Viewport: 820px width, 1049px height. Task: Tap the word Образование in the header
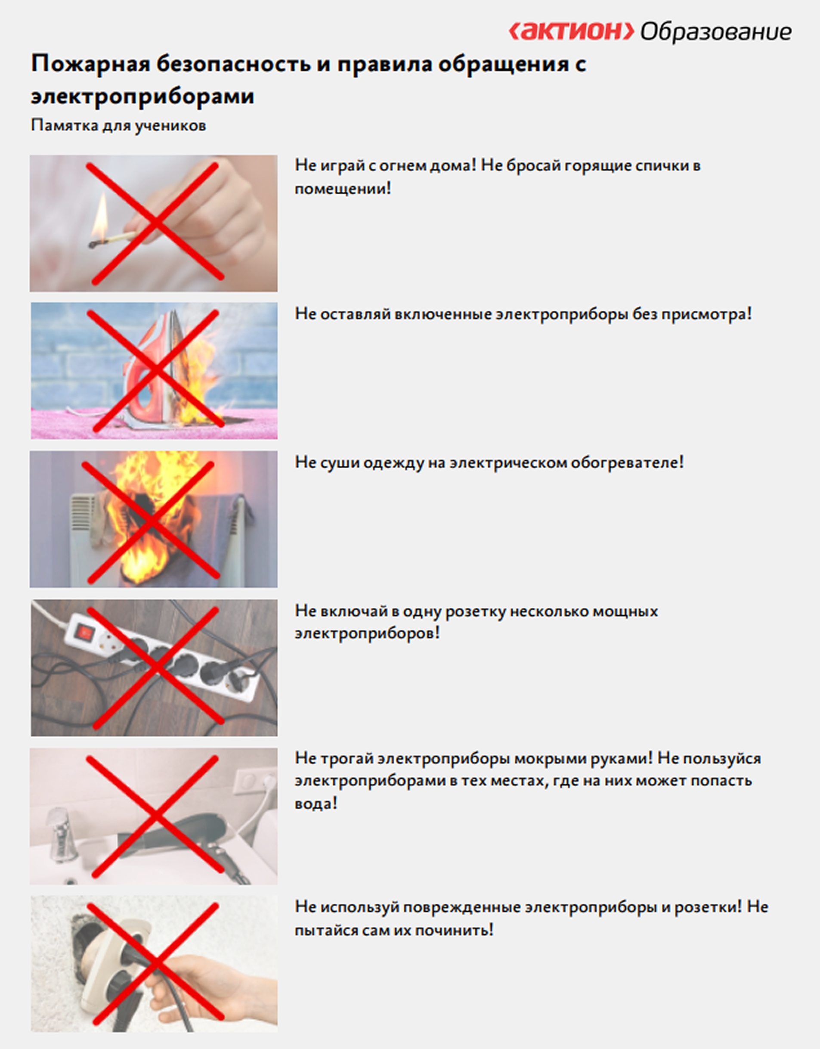pos(716,32)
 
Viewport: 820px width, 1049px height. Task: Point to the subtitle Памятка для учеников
pos(118,126)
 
